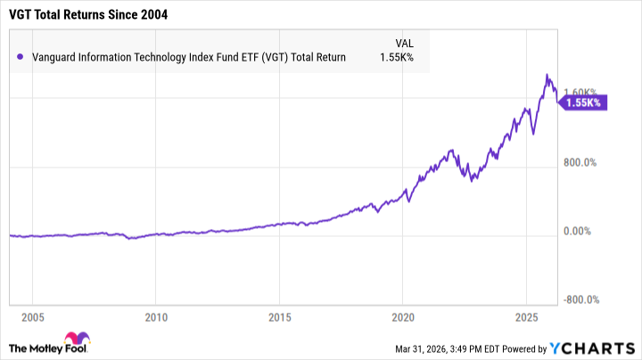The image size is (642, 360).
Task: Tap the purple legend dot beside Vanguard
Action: coord(20,58)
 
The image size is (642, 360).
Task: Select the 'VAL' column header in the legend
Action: coord(405,42)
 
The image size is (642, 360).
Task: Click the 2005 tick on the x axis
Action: coord(33,317)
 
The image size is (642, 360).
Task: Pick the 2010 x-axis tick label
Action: coord(156,317)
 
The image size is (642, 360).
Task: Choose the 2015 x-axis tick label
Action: coord(280,317)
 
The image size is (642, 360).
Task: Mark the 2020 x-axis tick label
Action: coord(403,317)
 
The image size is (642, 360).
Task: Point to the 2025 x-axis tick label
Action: coord(526,317)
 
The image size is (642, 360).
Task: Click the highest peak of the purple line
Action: coord(547,75)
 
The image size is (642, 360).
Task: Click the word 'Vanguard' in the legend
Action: coord(54,58)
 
